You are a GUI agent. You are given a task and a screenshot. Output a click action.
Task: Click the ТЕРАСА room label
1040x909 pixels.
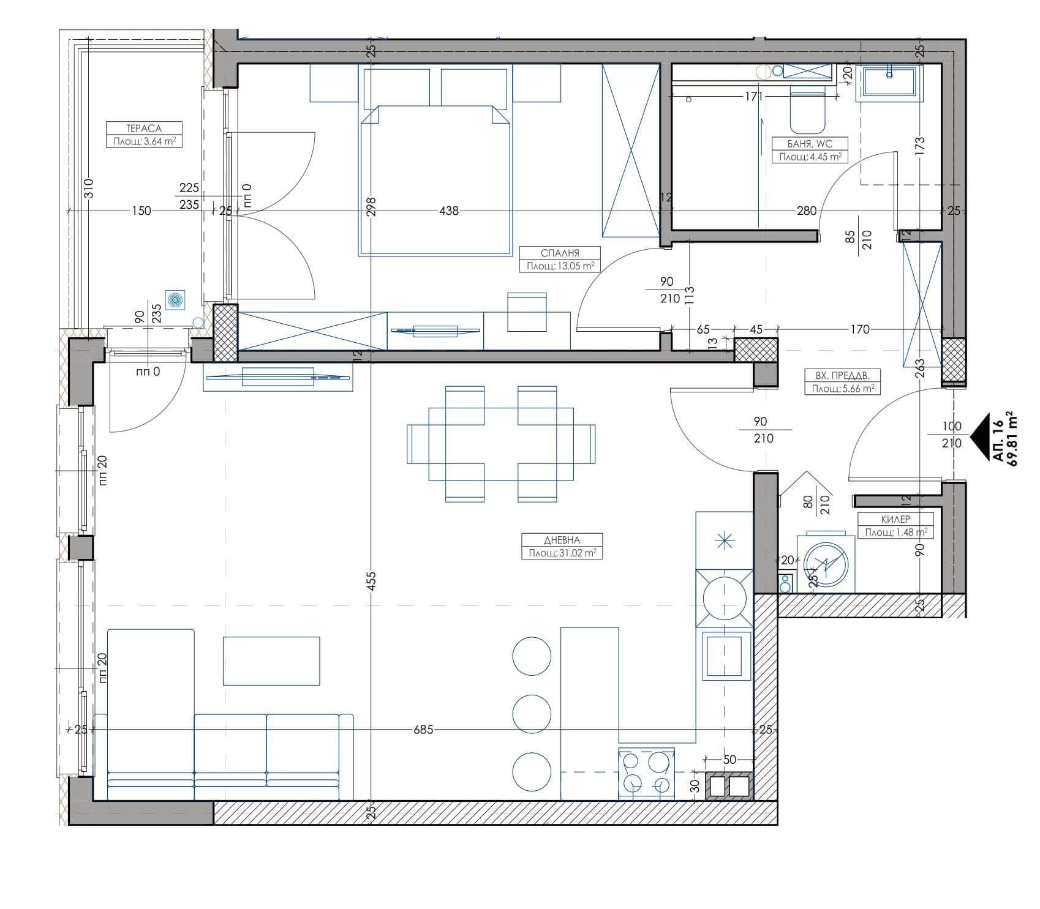coord(144,129)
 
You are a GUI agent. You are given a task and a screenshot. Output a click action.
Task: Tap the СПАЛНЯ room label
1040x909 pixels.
coord(560,253)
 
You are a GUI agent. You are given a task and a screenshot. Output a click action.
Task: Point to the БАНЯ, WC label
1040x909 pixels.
coord(810,144)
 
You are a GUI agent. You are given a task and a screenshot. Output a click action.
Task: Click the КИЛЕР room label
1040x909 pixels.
coord(895,519)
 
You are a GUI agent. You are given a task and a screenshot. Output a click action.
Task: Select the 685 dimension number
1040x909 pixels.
coord(423,730)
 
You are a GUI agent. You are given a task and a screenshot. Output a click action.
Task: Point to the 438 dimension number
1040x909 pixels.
coord(449,211)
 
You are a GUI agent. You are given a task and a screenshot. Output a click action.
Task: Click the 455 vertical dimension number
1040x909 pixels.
coord(371,581)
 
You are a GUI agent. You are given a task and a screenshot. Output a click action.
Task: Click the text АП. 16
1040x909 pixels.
coord(997,440)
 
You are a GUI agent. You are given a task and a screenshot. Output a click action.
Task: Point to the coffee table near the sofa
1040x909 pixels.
coord(271,660)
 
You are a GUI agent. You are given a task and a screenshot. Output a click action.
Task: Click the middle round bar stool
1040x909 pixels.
coord(532,713)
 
